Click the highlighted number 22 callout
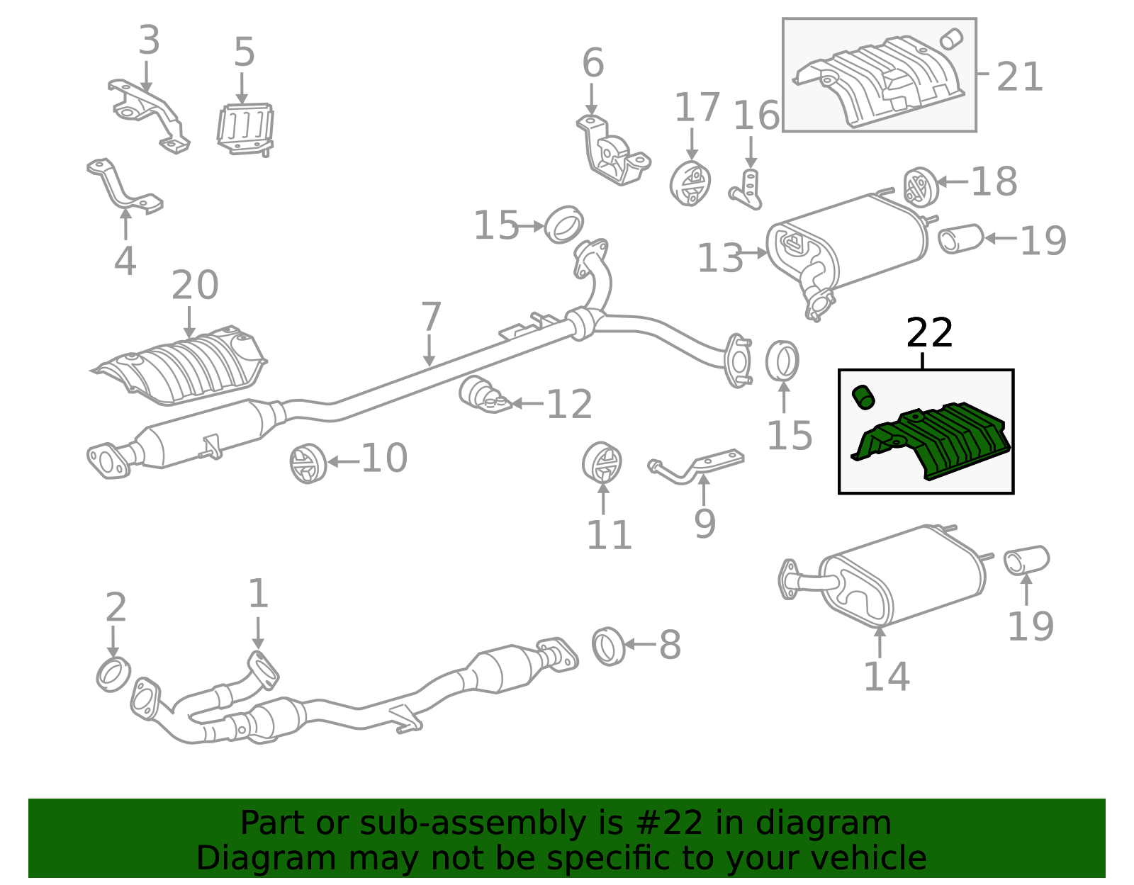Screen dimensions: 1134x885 tap(929, 333)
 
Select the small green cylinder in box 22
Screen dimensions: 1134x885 tap(863, 398)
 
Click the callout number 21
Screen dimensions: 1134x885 tap(1019, 77)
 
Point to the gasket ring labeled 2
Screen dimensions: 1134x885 tap(113, 675)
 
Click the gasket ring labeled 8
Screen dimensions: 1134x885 tap(609, 646)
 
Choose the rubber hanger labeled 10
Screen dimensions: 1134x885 tap(308, 463)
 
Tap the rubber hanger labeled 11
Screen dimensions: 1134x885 tap(602, 463)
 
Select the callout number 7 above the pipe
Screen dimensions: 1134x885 tap(431, 317)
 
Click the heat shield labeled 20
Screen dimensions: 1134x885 tap(180, 366)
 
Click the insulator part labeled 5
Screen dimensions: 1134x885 tap(245, 129)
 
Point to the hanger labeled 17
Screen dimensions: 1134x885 tap(690, 184)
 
